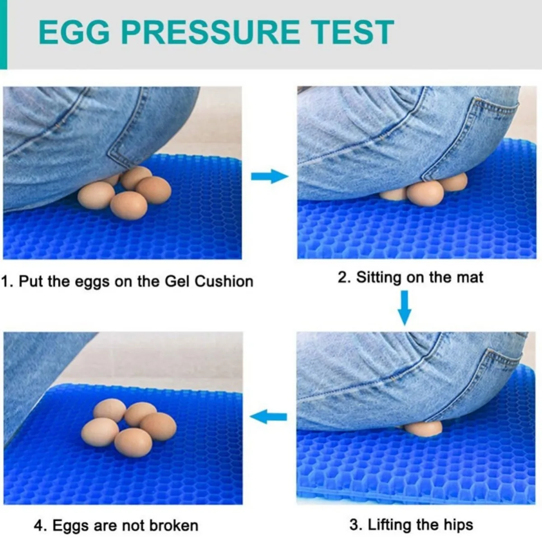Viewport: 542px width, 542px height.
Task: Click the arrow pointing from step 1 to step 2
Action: [270, 177]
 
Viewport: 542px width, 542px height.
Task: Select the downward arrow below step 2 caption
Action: [404, 308]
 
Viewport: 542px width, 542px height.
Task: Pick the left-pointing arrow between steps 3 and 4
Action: [268, 416]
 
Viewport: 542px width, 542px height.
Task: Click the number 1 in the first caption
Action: [5, 281]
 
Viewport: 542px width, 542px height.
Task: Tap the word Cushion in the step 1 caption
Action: [224, 281]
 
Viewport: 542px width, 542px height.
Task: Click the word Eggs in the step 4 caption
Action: [71, 525]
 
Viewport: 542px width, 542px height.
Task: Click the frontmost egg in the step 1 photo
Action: [129, 206]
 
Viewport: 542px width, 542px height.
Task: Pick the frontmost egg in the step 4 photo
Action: [133, 443]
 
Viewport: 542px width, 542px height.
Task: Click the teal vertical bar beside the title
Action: [4, 34]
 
